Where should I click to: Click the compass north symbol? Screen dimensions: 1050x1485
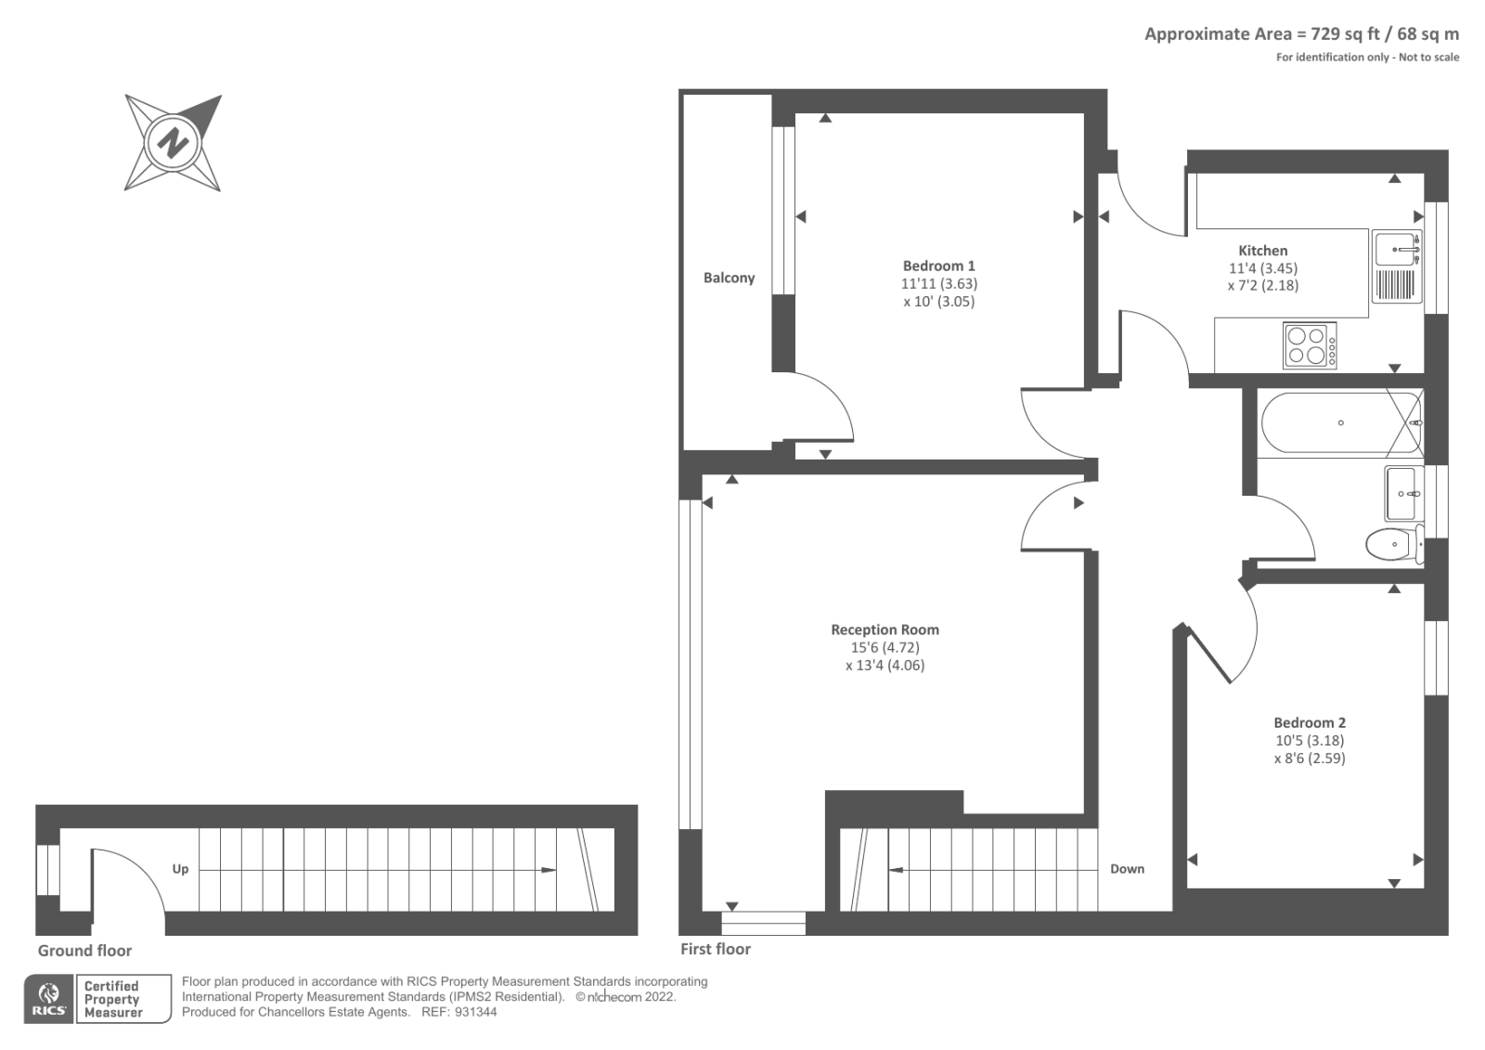pyautogui.click(x=173, y=143)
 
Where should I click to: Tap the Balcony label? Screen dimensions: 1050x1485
pyautogui.click(x=729, y=278)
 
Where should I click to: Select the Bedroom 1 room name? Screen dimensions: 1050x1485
pyautogui.click(x=938, y=266)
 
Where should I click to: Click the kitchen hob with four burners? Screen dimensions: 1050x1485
pyautogui.click(x=1310, y=345)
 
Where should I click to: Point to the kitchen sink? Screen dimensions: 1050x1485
pyautogui.click(x=1398, y=251)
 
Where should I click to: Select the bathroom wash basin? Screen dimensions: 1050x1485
pyautogui.click(x=1403, y=494)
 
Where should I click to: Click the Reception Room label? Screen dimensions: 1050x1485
pyautogui.click(x=885, y=629)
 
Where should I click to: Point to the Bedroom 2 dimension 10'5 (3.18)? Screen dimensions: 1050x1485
pyautogui.click(x=1309, y=740)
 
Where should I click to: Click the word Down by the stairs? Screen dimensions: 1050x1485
pyautogui.click(x=1127, y=869)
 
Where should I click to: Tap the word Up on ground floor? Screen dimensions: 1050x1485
pyautogui.click(x=180, y=869)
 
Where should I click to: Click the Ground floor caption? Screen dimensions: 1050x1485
pyautogui.click(x=84, y=951)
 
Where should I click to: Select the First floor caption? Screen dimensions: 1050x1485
pyautogui.click(x=715, y=949)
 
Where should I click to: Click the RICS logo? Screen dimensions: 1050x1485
pyautogui.click(x=48, y=999)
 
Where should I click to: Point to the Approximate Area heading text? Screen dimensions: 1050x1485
pyautogui.click(x=1300, y=34)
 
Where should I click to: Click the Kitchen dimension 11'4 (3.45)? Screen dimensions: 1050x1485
pyautogui.click(x=1262, y=268)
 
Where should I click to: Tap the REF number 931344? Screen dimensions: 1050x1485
pyautogui.click(x=475, y=1012)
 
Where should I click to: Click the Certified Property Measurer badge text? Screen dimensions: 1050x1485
pyautogui.click(x=112, y=999)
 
